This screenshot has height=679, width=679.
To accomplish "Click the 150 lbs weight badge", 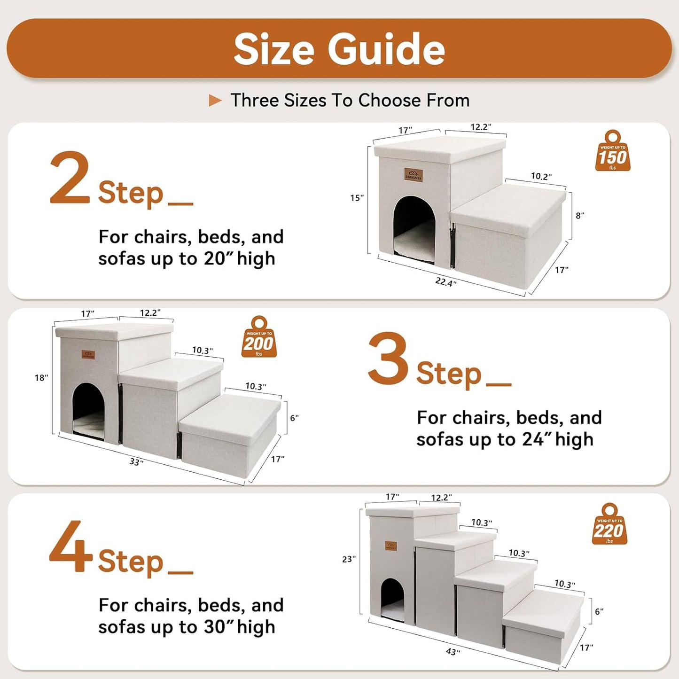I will coord(613,151).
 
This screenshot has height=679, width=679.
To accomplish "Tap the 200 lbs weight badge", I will coord(259,337).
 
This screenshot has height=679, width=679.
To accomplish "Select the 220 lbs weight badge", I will coord(609,524).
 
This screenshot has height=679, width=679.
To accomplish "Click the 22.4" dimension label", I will coord(445,282).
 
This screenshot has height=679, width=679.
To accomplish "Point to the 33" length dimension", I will coord(136,462).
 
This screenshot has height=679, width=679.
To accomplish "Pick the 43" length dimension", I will coord(453,652).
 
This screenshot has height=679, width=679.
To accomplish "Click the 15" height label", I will coord(357,198).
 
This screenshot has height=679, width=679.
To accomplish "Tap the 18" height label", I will coord(41,378).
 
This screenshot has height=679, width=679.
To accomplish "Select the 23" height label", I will coord(349,559).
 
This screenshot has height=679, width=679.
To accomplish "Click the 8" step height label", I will coord(580,216).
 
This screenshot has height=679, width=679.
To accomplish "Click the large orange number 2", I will coord(70,179).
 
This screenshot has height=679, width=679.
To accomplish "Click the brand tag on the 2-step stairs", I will coord(414,175).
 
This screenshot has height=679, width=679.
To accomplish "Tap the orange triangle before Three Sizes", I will coord(215,101).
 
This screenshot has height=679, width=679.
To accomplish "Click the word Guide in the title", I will coord(386,50).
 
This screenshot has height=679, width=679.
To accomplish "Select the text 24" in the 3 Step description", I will coord(533,440).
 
